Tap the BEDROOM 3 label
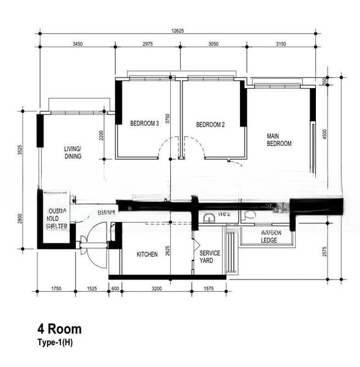click(x=144, y=124)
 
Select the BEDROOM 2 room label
click(x=210, y=125)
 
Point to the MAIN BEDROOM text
click(x=279, y=140)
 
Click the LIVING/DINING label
click(x=73, y=152)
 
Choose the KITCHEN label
click(x=147, y=254)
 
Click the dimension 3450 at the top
click(x=78, y=44)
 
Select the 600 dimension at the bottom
click(x=114, y=288)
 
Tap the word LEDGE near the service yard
click(x=269, y=240)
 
